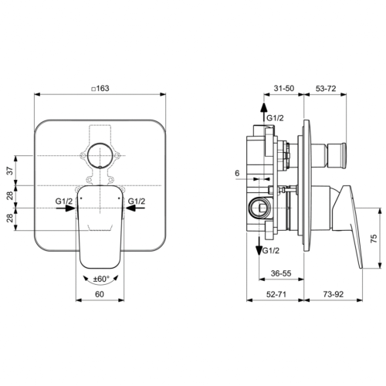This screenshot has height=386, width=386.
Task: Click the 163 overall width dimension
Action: tap(101, 89)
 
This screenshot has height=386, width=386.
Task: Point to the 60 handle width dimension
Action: tap(99, 294)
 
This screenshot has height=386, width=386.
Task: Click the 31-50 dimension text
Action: tap(283, 89)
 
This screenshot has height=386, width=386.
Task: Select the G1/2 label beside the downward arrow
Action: tap(271, 252)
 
